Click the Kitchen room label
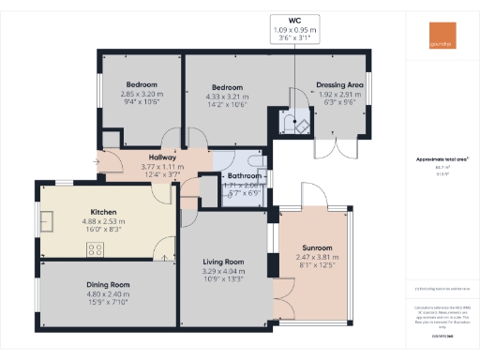(103, 212)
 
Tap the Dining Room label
(110, 284)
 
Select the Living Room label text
(223, 262)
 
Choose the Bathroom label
(246, 175)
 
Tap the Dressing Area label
(341, 85)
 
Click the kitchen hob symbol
(95, 248)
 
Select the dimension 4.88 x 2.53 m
(103, 221)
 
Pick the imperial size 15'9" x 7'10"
(110, 301)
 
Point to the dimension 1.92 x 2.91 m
(341, 95)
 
